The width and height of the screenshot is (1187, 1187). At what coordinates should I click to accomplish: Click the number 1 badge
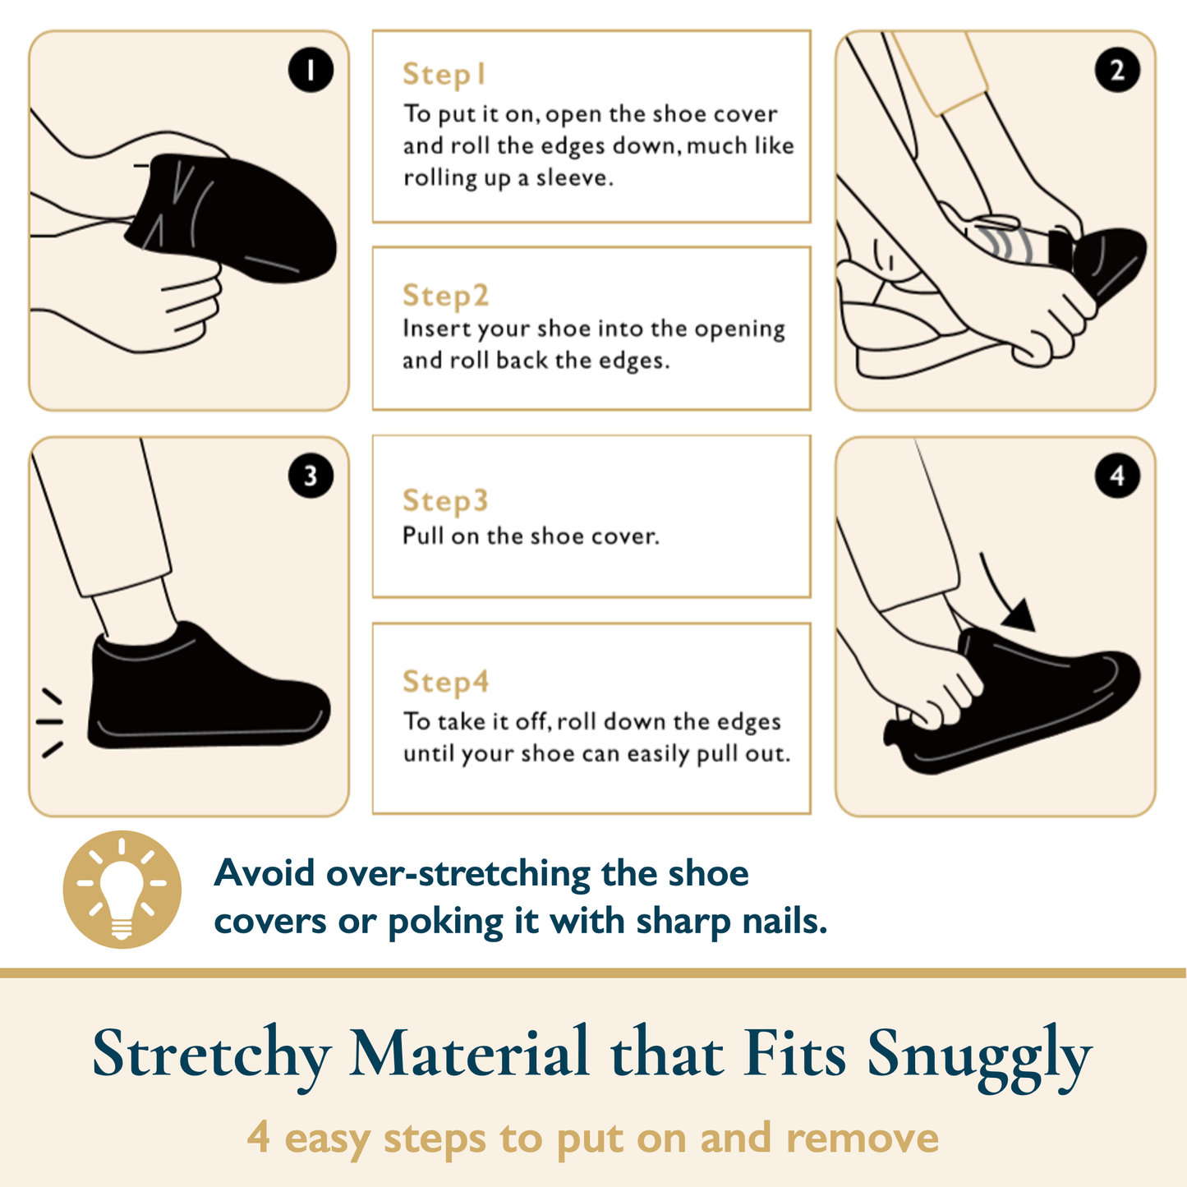coord(311,70)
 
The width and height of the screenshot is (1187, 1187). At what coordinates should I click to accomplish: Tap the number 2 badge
coord(1117,70)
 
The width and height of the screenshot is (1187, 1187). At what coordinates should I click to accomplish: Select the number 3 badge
coord(311,476)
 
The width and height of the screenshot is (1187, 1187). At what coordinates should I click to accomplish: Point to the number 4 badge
coord(1117,476)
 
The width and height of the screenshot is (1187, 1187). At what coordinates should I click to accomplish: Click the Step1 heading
coord(444,75)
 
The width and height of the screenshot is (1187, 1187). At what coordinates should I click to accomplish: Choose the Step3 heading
coord(445,501)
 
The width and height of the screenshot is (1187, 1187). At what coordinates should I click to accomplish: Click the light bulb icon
coord(122,889)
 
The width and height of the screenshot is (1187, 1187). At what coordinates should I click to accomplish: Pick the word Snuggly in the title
coord(979,1056)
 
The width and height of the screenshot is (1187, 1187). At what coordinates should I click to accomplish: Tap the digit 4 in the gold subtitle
coord(258,1137)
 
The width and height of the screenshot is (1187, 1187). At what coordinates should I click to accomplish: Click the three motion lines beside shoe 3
coord(50,722)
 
